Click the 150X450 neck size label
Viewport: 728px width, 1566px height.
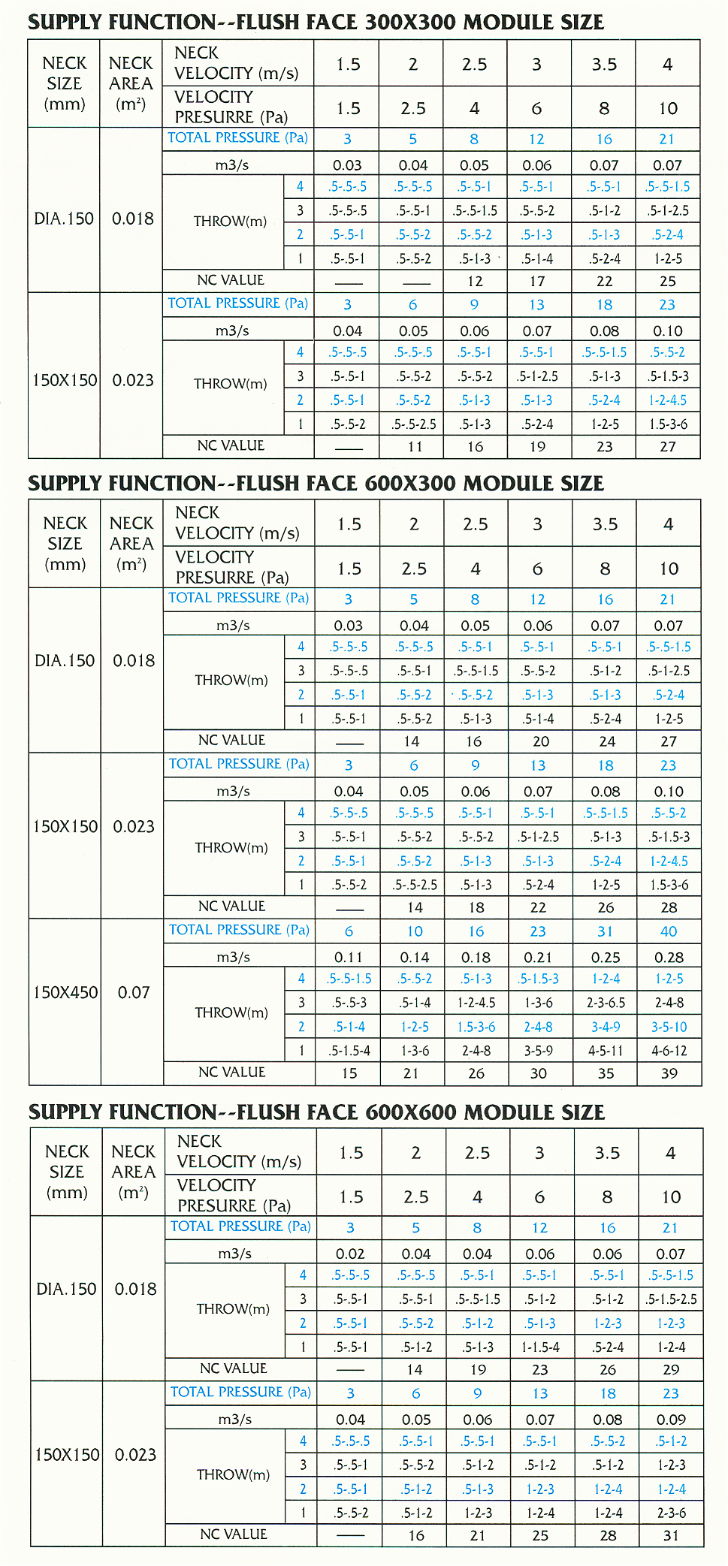[x=65, y=992]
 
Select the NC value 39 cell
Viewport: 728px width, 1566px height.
[x=669, y=1073]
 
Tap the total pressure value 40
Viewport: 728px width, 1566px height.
[x=669, y=931]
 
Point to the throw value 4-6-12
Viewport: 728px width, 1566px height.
[x=669, y=1051]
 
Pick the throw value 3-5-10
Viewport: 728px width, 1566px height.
[x=669, y=1027]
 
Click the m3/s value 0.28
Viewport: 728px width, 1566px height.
[x=669, y=958]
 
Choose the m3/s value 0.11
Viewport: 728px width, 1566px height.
[x=349, y=958]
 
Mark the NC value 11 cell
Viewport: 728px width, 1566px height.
[x=415, y=447]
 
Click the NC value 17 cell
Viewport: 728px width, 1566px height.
[x=537, y=282]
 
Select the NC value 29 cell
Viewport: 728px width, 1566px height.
[x=671, y=1369]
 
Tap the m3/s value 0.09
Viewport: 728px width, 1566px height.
[x=671, y=1420]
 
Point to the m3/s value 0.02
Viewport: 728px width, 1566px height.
[x=350, y=1254]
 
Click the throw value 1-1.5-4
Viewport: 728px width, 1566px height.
[x=540, y=1347]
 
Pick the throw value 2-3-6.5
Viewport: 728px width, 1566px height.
[x=606, y=1003]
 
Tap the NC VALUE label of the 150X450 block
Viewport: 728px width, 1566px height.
[x=231, y=1073]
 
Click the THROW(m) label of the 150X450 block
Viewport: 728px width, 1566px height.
[x=231, y=1012]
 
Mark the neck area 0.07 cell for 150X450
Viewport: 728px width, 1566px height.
[x=134, y=992]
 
